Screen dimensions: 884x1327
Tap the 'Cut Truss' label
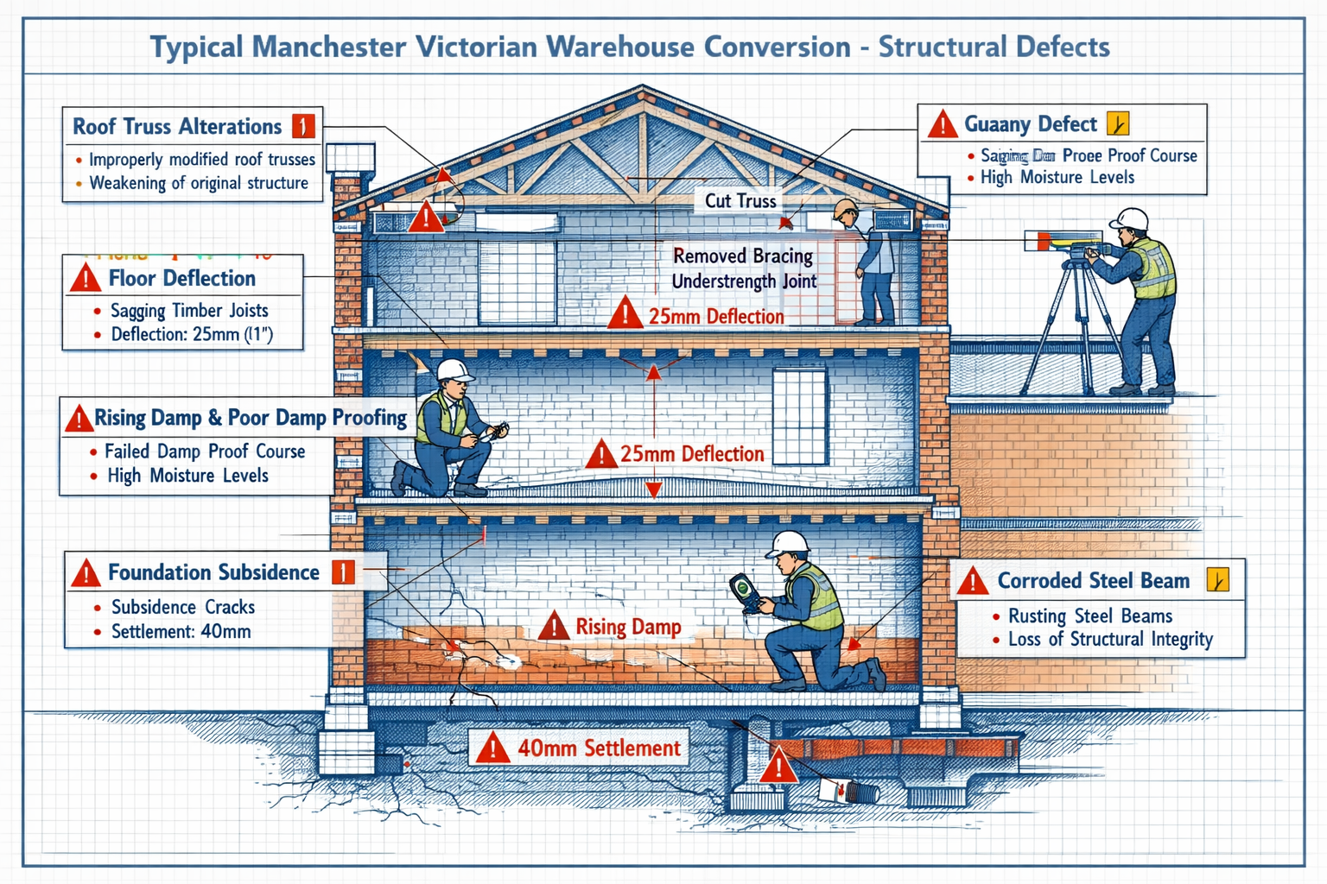click(740, 200)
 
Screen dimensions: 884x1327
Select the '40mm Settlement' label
click(599, 748)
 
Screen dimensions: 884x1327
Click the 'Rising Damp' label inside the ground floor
click(628, 627)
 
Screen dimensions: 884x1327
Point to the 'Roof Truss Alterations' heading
click(177, 127)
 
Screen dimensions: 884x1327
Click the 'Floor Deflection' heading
click(181, 278)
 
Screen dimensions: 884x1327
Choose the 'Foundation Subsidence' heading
click(213, 572)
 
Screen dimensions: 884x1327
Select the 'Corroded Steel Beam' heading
click(1093, 581)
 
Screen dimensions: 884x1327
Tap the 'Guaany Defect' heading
click(1030, 124)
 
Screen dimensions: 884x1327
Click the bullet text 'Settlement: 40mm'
click(181, 631)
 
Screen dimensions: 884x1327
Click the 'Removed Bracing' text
click(743, 256)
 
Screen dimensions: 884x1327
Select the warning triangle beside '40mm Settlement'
click(492, 748)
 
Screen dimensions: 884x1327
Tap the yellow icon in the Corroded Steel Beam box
click(1217, 580)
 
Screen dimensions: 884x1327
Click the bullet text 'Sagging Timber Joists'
click(189, 311)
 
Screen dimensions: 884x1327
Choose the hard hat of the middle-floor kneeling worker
click(454, 371)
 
